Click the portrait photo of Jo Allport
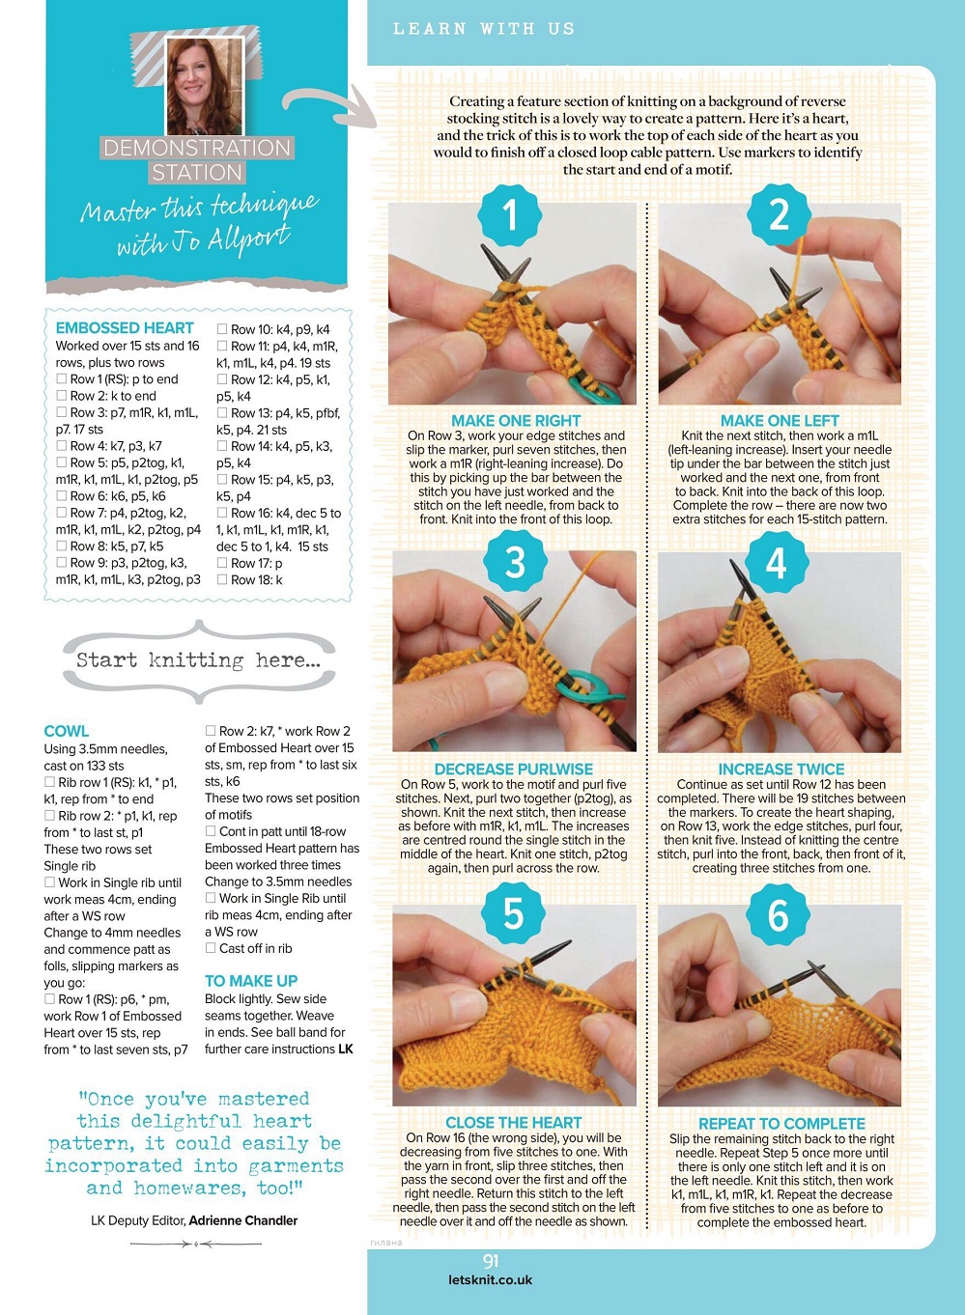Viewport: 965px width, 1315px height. [x=204, y=86]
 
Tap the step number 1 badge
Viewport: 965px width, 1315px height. [x=509, y=215]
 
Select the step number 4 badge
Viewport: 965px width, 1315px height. [x=776, y=563]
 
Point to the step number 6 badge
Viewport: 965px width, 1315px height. [x=778, y=915]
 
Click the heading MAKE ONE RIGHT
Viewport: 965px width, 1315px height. [x=516, y=420]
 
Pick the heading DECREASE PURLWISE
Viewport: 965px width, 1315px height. [x=513, y=769]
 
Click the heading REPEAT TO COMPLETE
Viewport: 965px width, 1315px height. [x=781, y=1124]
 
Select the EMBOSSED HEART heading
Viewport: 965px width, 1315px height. [x=125, y=327]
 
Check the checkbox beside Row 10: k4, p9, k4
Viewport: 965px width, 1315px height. [x=222, y=328]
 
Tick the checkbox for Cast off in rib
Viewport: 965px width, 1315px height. [x=211, y=947]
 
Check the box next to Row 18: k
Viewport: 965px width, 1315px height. [x=222, y=579]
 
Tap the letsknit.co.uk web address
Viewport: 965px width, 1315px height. [x=491, y=1280]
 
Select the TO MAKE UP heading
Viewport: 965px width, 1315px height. [x=251, y=981]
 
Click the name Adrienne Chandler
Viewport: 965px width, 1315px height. [x=243, y=1220]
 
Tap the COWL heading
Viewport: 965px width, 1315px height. [x=67, y=731]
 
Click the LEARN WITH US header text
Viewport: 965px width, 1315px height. [x=484, y=29]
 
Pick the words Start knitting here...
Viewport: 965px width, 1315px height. [x=199, y=660]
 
